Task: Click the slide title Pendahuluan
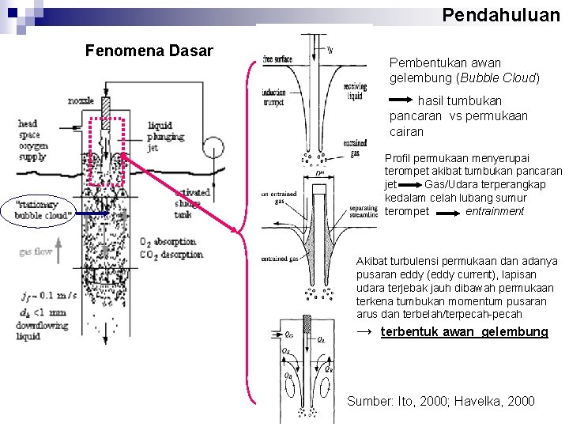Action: point(500,14)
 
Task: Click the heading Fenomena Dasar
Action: point(149,51)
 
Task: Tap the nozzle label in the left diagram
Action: point(81,101)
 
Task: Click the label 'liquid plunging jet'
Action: point(165,137)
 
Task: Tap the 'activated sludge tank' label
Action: point(192,202)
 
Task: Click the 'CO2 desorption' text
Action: point(171,255)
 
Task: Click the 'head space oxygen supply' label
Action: point(33,141)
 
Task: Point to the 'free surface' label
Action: point(277,59)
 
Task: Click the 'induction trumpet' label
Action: point(274,97)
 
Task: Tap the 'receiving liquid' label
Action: point(353,91)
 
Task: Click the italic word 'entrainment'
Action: point(495,211)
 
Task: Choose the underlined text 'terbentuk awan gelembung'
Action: point(464,331)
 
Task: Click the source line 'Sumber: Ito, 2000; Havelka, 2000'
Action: point(441,401)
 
